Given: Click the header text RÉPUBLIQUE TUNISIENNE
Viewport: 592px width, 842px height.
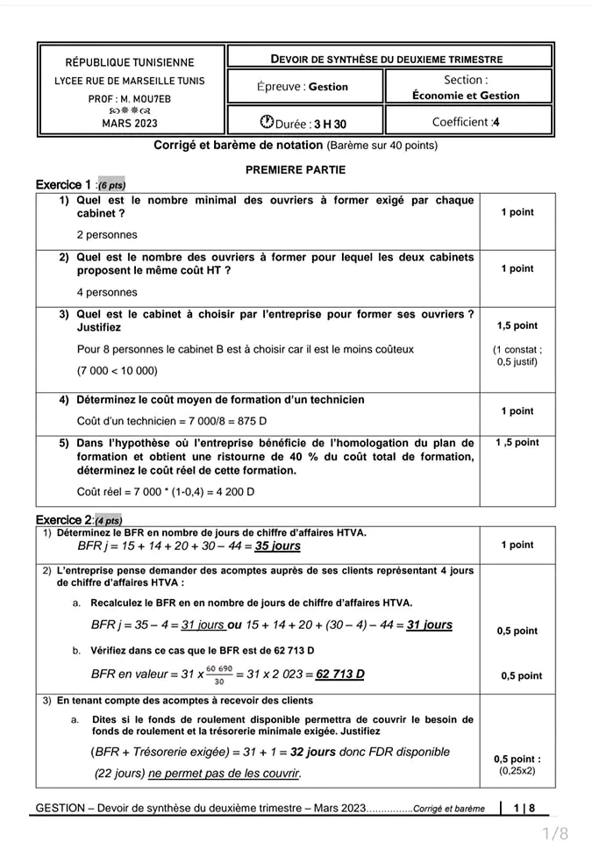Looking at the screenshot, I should [x=130, y=62].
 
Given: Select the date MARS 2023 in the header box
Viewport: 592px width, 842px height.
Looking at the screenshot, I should [x=130, y=124].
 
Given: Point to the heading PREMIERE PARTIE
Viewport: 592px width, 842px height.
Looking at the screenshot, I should [x=296, y=169].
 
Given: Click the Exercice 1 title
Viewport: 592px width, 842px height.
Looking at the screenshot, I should [x=63, y=185].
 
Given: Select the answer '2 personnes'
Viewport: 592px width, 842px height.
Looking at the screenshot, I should [x=107, y=234].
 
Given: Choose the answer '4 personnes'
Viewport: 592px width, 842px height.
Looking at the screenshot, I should [x=107, y=292].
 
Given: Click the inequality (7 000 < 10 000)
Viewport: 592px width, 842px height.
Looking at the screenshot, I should [x=118, y=371].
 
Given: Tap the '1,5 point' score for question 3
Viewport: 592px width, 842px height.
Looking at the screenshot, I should [x=517, y=325].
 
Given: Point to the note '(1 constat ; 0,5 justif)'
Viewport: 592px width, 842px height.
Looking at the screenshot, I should [x=517, y=355].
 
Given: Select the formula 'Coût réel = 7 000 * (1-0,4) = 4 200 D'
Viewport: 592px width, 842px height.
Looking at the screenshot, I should [x=166, y=491].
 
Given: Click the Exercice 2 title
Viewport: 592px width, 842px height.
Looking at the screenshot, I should [x=63, y=520].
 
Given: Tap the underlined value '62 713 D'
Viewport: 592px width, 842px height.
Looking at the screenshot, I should [x=339, y=674].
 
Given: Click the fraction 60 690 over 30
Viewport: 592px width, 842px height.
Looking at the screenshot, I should [x=219, y=674].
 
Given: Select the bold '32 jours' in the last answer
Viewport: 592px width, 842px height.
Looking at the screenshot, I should [x=313, y=752].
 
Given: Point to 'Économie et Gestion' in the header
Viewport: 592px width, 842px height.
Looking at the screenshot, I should [x=466, y=96].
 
